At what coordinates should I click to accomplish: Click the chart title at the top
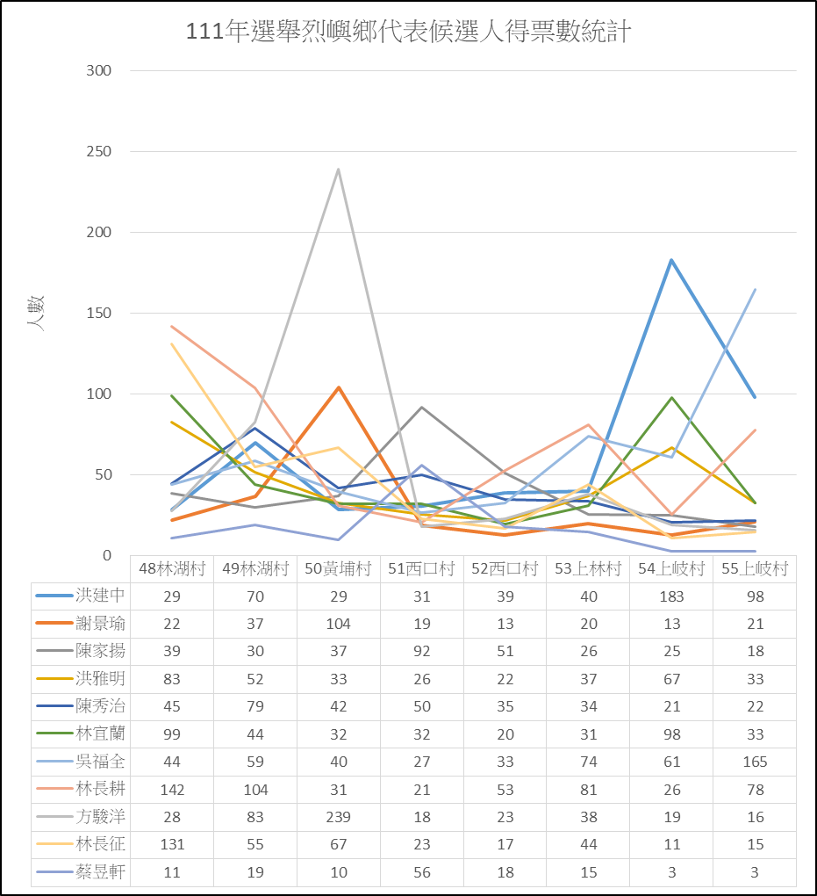[x=408, y=31]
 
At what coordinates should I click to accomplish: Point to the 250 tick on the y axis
[x=99, y=151]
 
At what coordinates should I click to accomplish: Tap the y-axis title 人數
[x=35, y=313]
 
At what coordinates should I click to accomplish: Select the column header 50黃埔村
[x=338, y=568]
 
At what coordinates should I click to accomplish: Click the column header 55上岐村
[x=755, y=568]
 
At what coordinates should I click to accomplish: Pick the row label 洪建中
[x=100, y=596]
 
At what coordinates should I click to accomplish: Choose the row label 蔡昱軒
[x=100, y=872]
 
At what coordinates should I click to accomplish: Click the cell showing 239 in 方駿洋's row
[x=338, y=817]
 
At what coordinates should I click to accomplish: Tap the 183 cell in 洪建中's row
[x=671, y=596]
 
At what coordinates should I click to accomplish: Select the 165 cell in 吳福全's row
[x=755, y=762]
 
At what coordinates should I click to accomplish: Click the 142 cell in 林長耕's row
[x=172, y=790]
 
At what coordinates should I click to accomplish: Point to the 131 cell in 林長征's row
[x=172, y=844]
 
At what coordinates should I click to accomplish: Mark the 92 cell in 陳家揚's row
[x=422, y=652]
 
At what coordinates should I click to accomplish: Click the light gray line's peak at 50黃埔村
[x=339, y=170]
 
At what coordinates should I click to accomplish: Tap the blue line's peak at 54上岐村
[x=671, y=260]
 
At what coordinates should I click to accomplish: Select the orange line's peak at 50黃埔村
[x=339, y=387]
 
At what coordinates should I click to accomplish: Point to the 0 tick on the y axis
[x=107, y=555]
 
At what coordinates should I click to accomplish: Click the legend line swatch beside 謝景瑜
[x=54, y=623]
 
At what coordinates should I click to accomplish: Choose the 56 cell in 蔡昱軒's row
[x=422, y=872]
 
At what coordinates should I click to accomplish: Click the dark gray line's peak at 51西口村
[x=421, y=407]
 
